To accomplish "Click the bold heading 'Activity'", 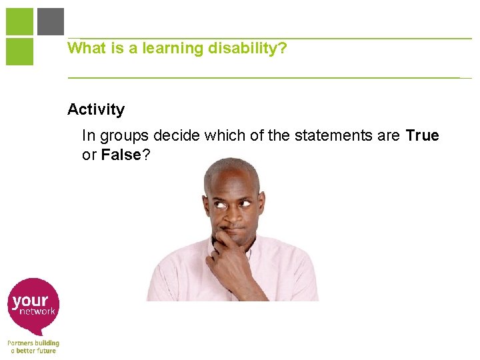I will (x=96, y=109).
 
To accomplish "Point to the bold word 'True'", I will (x=422, y=136).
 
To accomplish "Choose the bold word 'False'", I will (x=121, y=155).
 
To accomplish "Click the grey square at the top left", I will (x=51, y=21).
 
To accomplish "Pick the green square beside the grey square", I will (x=19, y=21).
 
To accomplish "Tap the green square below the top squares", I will (x=19, y=51).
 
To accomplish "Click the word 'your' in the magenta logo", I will (x=30, y=301).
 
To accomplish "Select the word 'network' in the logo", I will (x=37, y=311).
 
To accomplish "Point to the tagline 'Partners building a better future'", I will (x=33, y=347).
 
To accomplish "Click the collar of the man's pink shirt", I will (x=248, y=254).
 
